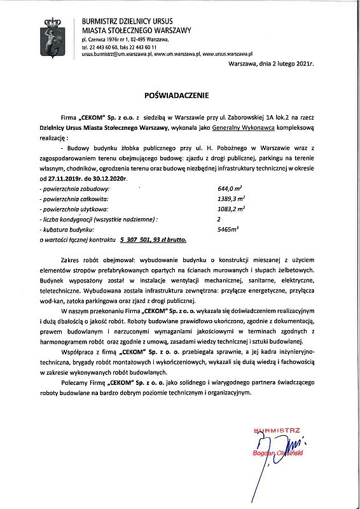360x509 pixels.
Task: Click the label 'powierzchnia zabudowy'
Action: point(75,190)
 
